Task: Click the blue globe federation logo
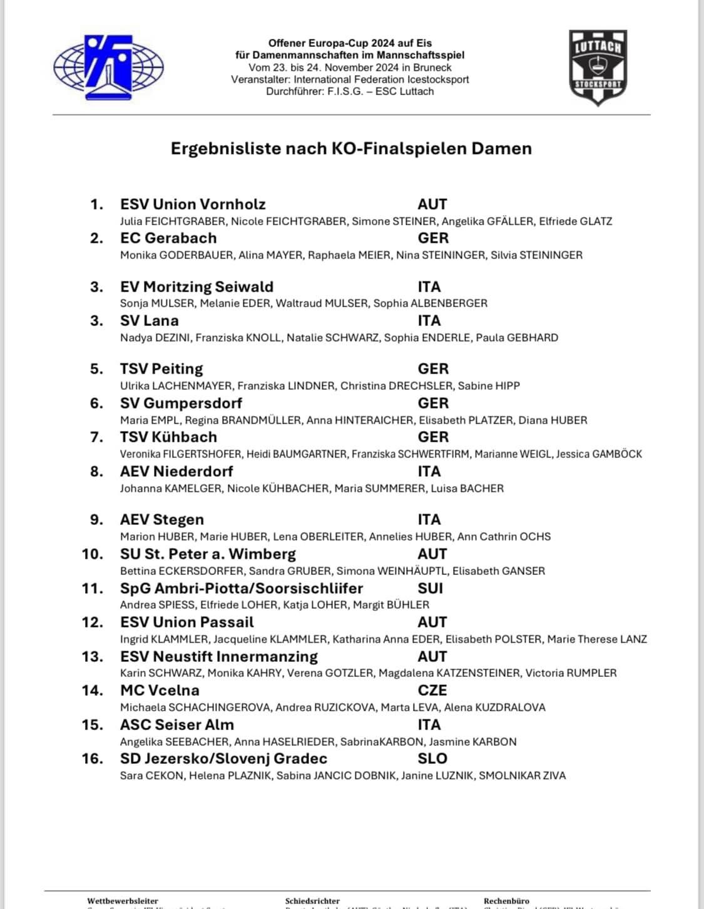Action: [x=108, y=68]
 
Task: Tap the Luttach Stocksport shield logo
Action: [x=598, y=66]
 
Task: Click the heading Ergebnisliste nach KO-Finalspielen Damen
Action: [x=351, y=148]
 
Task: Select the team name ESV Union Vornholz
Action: [x=193, y=204]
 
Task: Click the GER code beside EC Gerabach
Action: [x=433, y=238]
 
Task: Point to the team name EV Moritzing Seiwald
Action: [x=196, y=287]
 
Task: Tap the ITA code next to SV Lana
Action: [x=429, y=320]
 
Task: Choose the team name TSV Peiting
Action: [x=161, y=368]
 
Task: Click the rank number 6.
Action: [x=96, y=403]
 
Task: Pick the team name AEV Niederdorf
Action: [x=176, y=471]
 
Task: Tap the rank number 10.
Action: [x=92, y=554]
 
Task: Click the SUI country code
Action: [x=431, y=588]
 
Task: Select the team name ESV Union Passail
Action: [x=187, y=622]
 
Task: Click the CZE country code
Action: [x=432, y=690]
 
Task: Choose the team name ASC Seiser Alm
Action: [x=177, y=724]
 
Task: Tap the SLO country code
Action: [x=432, y=758]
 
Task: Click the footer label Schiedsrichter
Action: [x=312, y=901]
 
